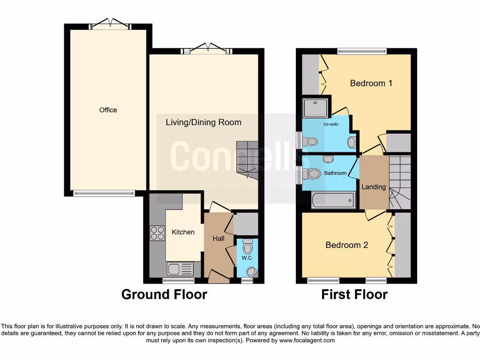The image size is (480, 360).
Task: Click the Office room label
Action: pos(108,110)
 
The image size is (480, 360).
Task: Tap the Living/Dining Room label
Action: pos(203,122)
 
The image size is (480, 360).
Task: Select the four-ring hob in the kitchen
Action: pos(157,233)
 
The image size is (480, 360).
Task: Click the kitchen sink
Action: pos(180,269)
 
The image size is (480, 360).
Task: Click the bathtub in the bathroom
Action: pos(333,201)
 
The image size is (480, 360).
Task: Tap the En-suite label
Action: pos(331,124)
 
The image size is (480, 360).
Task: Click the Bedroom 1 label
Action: pos(371,83)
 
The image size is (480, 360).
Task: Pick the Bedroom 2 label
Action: pos(346,245)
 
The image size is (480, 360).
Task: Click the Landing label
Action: pos(374,187)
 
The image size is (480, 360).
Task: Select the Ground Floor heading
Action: pos(164,294)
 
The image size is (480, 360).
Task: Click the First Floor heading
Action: pos(354,294)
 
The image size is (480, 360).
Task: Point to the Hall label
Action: pos(218,238)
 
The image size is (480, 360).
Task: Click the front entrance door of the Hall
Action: pos(218,276)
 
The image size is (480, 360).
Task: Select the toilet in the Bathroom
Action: pos(312,174)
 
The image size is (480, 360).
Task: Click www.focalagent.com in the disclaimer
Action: pos(307,340)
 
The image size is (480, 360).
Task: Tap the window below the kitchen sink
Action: pos(179,281)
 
